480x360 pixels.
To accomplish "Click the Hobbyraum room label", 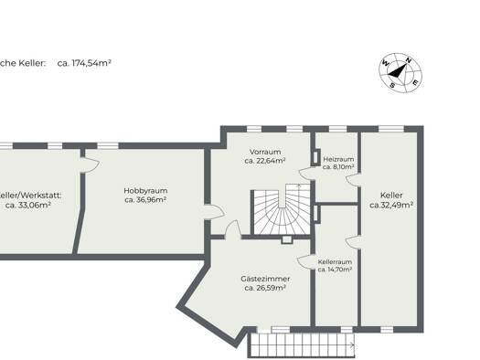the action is pos(145,191).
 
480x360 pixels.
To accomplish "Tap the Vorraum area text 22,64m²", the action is pos(265,161).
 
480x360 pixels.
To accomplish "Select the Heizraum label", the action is pos(338,159).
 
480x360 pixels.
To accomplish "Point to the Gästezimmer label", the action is pos(265,279).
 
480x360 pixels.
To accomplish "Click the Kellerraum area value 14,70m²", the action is pos(335,270).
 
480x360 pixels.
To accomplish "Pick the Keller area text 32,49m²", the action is pos(391,205).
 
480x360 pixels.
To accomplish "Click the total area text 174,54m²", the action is pos(84,63).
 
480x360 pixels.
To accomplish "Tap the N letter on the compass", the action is pos(408,60).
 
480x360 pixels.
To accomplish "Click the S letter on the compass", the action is pos(392,85).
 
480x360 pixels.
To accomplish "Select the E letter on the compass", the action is pos(415,82).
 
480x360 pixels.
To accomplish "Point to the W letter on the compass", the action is pos(385,64).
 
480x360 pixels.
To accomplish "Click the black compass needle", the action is pos(396,71).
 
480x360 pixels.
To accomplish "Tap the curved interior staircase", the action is pos(281,210).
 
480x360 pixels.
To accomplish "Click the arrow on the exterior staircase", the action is pos(352,345).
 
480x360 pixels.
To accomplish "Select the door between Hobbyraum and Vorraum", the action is pos(215,211).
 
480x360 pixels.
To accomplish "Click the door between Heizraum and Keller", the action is pos(353,179).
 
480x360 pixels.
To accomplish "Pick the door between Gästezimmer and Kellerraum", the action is pos(305,262).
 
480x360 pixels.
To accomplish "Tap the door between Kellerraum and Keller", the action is pos(353,241).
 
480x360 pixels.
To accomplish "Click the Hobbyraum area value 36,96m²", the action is pos(145,200).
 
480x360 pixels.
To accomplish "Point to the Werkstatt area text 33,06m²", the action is pos(28,206).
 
